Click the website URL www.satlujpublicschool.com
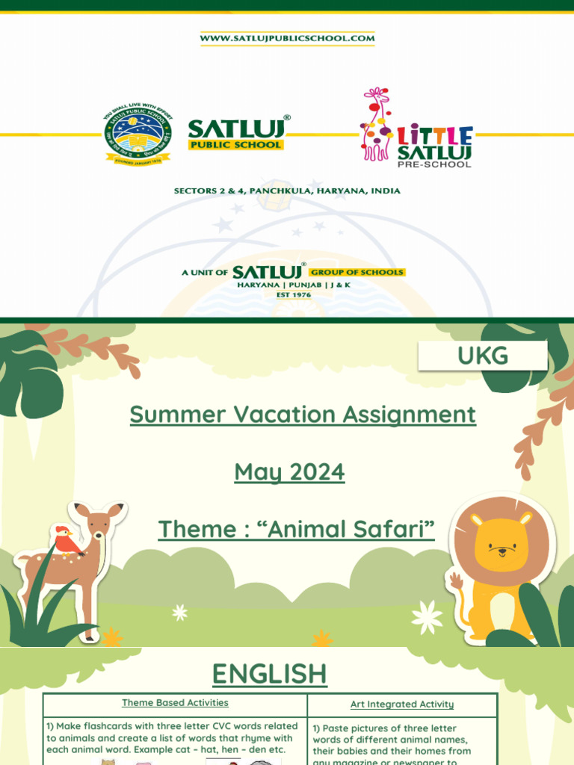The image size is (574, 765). (x=287, y=38)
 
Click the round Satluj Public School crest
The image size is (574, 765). (x=138, y=135)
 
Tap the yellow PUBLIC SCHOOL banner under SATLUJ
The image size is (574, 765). (x=235, y=145)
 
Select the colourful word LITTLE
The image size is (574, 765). (x=434, y=135)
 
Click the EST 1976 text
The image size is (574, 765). (x=292, y=295)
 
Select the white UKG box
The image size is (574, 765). (x=483, y=356)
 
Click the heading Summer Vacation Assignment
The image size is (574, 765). (x=303, y=415)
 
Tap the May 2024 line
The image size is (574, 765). (x=289, y=472)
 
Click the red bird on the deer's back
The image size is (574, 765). (x=67, y=540)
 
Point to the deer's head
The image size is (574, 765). (x=98, y=523)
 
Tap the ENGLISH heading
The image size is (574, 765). (x=270, y=674)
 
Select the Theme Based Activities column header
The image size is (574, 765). (x=175, y=703)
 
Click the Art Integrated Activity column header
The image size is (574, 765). (x=402, y=704)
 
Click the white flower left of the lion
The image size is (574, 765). (x=427, y=617)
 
